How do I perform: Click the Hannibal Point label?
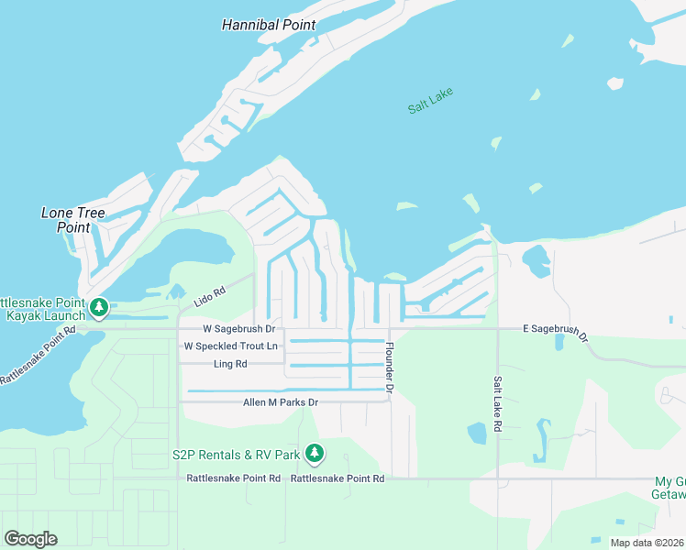269,25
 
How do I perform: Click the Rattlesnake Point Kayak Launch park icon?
99,307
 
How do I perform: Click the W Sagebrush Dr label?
238,328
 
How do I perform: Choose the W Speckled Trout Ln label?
230,346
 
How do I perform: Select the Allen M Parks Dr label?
280,402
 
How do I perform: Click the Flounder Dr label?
390,369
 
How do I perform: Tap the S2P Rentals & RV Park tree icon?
315,453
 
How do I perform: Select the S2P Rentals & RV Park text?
236,455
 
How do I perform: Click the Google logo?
30,539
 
